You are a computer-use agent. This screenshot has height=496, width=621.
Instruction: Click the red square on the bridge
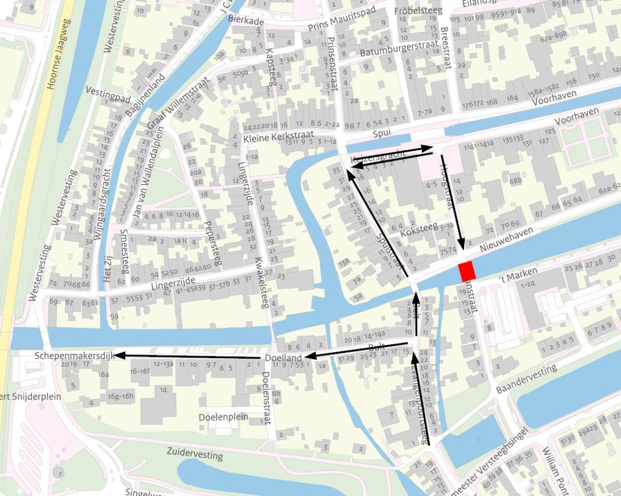(x=466, y=271)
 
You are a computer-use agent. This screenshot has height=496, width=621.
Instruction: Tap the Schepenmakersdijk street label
(x=73, y=355)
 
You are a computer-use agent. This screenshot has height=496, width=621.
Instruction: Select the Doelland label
(x=283, y=358)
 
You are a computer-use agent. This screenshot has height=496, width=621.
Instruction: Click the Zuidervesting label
(x=194, y=453)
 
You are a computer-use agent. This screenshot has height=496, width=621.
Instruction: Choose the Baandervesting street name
(x=527, y=380)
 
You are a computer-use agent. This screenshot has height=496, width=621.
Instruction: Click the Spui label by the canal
(x=382, y=133)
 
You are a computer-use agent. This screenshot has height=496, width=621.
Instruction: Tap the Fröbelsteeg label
(x=418, y=11)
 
